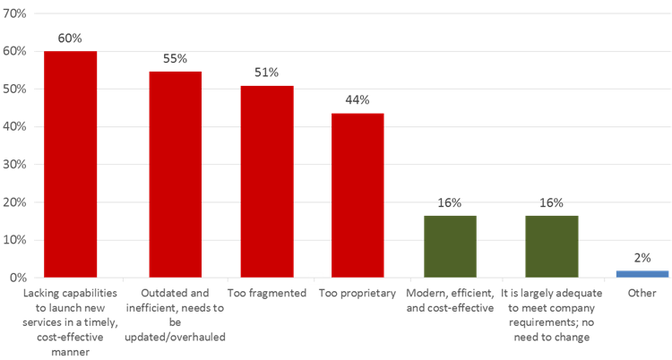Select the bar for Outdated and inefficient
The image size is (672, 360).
pyautogui.click(x=175, y=174)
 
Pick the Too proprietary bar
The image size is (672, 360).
pyautogui.click(x=358, y=194)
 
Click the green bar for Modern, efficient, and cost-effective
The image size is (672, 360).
pyautogui.click(x=450, y=246)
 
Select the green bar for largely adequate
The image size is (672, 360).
pyautogui.click(x=552, y=246)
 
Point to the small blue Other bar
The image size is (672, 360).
pyautogui.click(x=643, y=273)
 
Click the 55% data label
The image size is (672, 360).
pyautogui.click(x=175, y=59)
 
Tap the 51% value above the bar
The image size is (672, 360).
pyautogui.click(x=267, y=73)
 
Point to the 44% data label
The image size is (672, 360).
pyautogui.click(x=358, y=100)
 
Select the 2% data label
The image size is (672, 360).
pyautogui.click(x=643, y=258)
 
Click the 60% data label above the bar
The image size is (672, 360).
pyautogui.click(x=71, y=39)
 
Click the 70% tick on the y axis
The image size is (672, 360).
pyautogui.click(x=16, y=14)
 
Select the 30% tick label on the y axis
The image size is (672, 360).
pyautogui.click(x=16, y=165)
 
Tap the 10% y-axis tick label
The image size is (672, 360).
pyautogui.click(x=16, y=240)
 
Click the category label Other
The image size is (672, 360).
pyautogui.click(x=643, y=293)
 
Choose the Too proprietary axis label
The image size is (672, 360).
pyautogui.click(x=358, y=293)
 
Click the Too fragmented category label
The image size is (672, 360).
pyautogui.click(x=267, y=293)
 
